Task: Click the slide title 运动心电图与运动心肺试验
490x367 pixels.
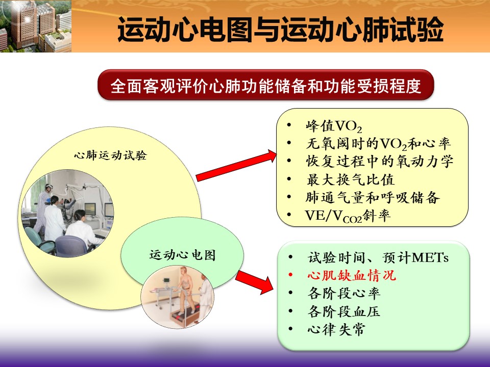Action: click(x=280, y=29)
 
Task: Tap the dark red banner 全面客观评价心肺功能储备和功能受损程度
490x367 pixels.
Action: click(x=265, y=85)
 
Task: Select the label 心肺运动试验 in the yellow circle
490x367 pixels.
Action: click(x=110, y=155)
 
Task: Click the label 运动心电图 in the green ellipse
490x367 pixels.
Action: click(x=183, y=255)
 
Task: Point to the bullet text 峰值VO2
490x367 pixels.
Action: click(x=334, y=126)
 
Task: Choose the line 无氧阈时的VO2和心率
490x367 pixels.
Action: click(x=378, y=144)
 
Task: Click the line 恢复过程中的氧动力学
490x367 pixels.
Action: click(x=379, y=162)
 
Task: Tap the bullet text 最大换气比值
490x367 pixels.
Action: click(x=350, y=179)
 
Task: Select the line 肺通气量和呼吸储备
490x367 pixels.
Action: click(x=373, y=198)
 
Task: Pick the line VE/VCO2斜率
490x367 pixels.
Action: click(x=348, y=216)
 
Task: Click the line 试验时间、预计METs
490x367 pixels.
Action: click(x=378, y=258)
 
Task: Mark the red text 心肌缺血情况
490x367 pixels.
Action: click(x=352, y=276)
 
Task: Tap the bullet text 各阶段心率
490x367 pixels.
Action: click(x=344, y=294)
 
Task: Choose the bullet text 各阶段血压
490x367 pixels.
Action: click(x=344, y=311)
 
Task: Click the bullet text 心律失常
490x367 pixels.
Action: click(x=336, y=329)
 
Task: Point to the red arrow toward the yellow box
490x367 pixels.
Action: click(x=236, y=165)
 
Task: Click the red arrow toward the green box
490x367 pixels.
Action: click(x=254, y=282)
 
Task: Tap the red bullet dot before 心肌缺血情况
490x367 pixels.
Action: click(x=290, y=275)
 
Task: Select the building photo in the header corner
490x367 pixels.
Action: click(x=36, y=26)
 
